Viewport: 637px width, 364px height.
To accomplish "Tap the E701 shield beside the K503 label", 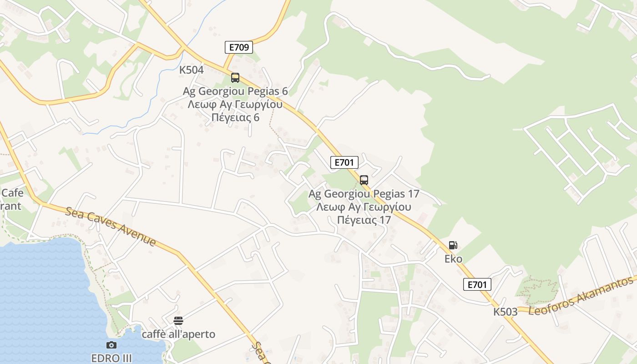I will pos(477,285).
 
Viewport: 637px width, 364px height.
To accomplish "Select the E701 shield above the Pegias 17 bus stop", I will pos(344,162).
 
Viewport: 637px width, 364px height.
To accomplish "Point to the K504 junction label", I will pos(191,70).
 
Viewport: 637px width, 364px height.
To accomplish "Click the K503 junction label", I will pos(506,312).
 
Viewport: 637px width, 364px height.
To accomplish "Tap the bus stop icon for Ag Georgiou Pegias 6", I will pos(235,78).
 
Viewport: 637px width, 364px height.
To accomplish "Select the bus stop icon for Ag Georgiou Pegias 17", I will pos(364,180).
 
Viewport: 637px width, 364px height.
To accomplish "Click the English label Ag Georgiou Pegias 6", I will pos(235,91).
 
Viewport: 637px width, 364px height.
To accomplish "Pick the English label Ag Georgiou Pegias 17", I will pos(364,194).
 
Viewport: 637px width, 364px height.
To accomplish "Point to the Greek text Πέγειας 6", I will pos(235,117).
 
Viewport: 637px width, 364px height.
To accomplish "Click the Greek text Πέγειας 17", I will pos(364,220).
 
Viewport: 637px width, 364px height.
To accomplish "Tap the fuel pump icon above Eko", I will pos(453,245).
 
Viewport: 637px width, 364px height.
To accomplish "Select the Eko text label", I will pos(453,259).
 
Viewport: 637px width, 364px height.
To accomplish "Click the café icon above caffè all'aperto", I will pos(178,321).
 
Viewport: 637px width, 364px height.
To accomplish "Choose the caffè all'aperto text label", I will pos(178,334).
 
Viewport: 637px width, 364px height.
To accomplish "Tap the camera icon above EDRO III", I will pos(111,345).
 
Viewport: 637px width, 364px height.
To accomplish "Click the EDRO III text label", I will pos(111,358).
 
